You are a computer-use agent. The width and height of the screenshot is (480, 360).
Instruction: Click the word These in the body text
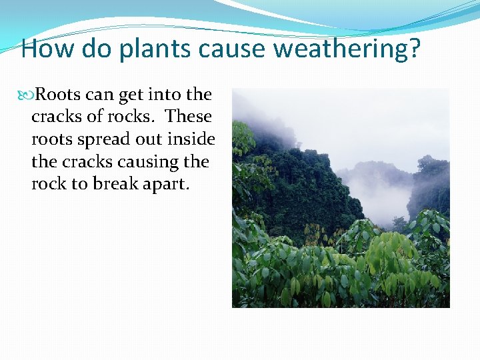(189, 117)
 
